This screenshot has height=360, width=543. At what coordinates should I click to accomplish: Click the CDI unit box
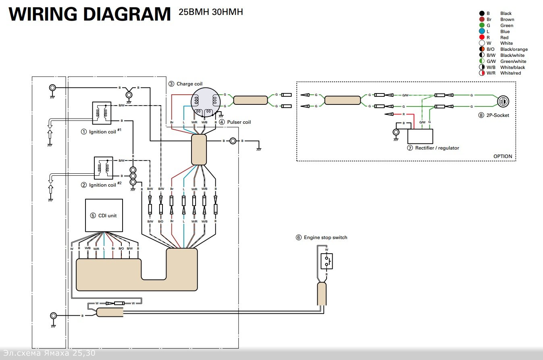coord(104,215)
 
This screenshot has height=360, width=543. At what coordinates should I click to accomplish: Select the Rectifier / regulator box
coord(420,137)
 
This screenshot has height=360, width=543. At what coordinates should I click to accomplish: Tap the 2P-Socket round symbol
coord(502,101)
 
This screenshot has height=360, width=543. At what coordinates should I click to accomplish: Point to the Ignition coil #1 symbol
coord(102,113)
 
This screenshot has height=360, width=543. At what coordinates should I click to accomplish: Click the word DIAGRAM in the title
coord(127,14)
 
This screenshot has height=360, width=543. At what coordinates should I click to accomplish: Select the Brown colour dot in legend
coord(482,19)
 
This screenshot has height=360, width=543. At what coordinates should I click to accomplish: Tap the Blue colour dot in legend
coord(482,31)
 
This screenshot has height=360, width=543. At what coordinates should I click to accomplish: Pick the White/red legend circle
coord(482,73)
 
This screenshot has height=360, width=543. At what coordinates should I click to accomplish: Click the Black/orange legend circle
coord(482,49)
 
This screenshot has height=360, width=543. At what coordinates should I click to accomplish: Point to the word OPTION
coord(503,156)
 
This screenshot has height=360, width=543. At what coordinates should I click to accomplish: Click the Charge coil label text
coord(189,84)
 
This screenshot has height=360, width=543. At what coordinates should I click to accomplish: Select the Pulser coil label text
coord(239,122)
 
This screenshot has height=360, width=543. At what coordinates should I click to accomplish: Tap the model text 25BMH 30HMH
coord(211,12)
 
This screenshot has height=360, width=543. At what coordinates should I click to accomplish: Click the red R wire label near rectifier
coord(404,114)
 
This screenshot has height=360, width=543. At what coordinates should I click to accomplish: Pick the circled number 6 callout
coord(299,237)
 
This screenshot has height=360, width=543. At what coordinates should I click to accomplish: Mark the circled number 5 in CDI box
coord(93,216)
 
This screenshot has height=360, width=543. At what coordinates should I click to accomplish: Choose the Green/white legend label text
coord(512,61)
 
